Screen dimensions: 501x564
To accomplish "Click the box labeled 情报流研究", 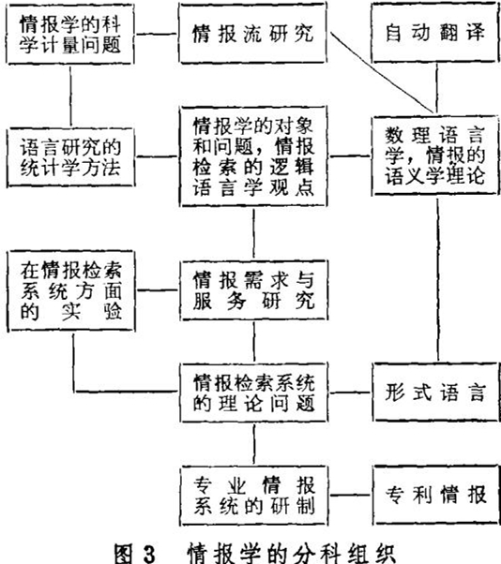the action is point(252,33).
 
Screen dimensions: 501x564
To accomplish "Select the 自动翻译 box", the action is point(435,33).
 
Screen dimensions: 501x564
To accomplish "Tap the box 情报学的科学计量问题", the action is point(70,35).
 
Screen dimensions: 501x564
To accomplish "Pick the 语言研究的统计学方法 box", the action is point(70,157).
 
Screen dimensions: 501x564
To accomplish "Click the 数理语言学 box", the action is point(435,156).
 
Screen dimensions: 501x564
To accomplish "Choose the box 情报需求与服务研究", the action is point(253,290).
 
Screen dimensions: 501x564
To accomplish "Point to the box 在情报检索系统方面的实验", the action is point(71,290).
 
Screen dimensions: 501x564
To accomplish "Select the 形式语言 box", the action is point(435,392).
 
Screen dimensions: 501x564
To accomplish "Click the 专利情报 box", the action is point(436,495).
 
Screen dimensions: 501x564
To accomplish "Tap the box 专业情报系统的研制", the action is point(254,496).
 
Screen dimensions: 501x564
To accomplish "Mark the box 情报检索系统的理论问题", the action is point(254,393).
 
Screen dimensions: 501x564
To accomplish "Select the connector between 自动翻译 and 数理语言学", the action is point(437,89).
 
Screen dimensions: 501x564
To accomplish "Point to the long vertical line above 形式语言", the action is point(438,279).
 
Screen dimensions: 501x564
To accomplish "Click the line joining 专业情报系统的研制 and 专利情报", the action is point(350,495).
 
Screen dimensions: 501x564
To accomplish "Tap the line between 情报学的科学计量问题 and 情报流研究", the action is point(157,35).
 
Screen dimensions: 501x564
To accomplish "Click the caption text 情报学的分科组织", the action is point(291,554).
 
